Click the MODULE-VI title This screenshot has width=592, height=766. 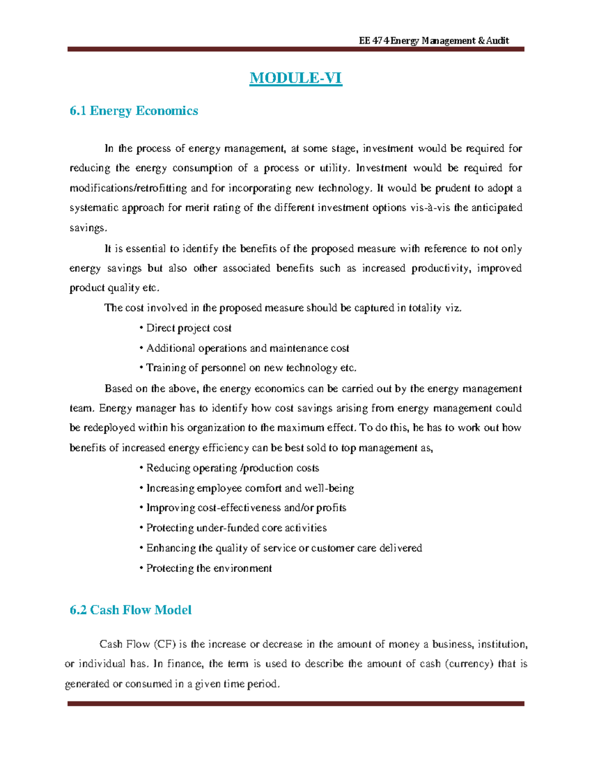296,78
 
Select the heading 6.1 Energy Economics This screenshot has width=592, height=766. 134,111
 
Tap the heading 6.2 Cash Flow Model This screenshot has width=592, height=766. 130,610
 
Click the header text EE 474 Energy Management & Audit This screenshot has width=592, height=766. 434,40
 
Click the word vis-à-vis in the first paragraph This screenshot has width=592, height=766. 430,208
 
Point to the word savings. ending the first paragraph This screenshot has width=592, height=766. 88,228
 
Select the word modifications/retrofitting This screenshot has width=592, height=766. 128,188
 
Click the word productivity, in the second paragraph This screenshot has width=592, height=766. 441,268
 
